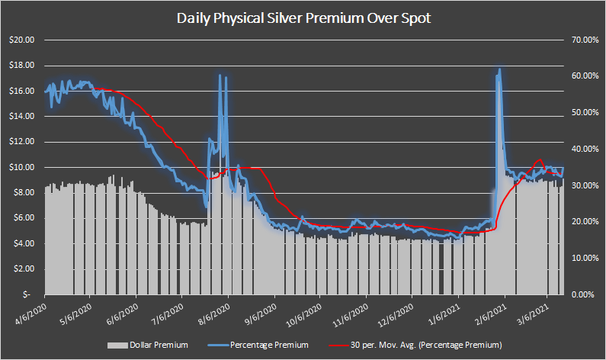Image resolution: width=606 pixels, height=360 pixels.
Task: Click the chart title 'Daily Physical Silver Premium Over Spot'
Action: point(303,18)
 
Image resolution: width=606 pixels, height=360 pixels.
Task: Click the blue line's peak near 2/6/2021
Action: point(500,69)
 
